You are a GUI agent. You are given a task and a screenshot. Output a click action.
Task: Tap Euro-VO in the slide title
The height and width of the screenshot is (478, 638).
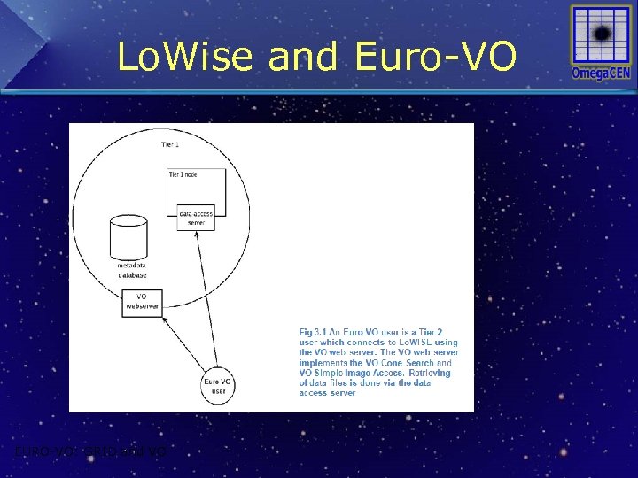pos(435,58)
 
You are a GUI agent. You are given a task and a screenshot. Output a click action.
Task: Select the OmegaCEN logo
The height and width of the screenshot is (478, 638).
pos(601,42)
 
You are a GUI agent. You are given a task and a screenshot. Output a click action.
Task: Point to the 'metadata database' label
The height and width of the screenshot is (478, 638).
pos(132,270)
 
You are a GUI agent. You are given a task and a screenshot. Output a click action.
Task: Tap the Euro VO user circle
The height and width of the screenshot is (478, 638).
pos(219,386)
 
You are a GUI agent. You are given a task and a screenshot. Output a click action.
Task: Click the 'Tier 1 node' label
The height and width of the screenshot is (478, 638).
pos(183,174)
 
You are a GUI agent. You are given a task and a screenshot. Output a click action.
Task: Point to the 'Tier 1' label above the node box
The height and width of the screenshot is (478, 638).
pos(170,144)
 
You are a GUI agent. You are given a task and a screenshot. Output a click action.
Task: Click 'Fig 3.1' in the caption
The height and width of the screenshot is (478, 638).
pos(312,332)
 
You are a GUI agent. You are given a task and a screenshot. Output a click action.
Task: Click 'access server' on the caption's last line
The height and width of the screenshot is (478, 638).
pos(328,393)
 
